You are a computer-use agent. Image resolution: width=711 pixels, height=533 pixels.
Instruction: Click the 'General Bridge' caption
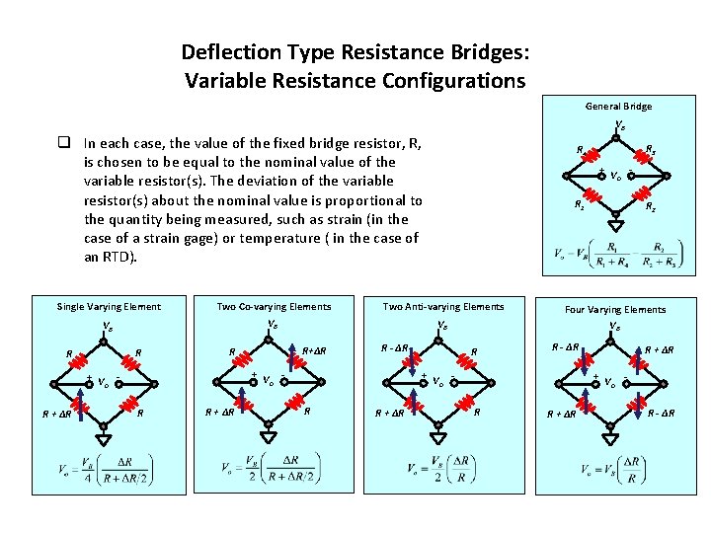(618, 106)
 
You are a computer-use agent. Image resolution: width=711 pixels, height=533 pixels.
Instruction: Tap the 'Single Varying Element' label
(109, 306)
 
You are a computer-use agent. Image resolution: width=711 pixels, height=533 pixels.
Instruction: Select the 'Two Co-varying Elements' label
(274, 306)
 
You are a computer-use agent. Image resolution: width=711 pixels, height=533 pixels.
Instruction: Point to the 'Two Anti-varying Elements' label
(442, 306)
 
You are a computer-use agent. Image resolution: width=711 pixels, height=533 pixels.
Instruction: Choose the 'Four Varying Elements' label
(615, 309)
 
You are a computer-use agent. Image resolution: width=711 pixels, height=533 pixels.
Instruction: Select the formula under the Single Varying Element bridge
(104, 471)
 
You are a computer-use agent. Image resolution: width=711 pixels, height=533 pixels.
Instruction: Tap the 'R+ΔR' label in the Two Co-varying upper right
(315, 350)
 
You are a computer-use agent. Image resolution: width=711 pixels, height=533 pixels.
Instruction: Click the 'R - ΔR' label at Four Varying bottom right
(661, 412)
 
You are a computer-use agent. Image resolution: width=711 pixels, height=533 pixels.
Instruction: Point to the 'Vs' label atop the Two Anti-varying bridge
(442, 325)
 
